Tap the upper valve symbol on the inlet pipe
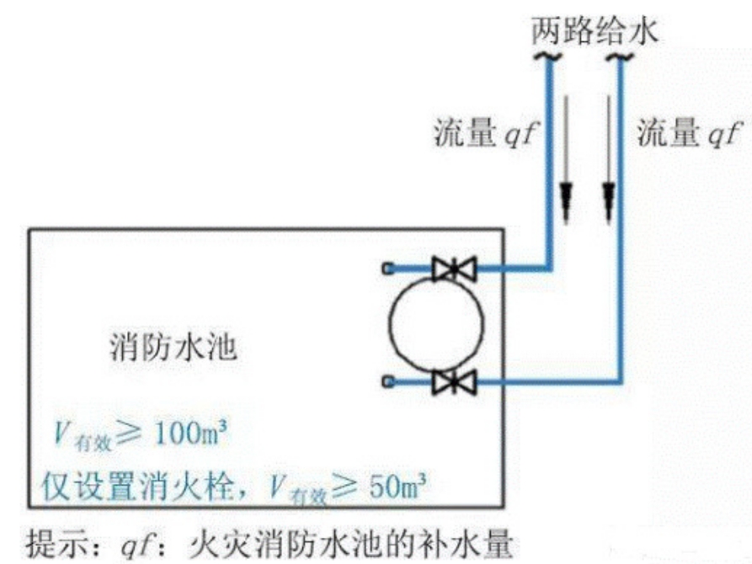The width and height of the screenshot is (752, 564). coord(453,269)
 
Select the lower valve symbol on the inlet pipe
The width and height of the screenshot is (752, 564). coord(453,383)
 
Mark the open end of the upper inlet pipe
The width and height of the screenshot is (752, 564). coord(388,269)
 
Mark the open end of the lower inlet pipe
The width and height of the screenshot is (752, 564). coord(388,383)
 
